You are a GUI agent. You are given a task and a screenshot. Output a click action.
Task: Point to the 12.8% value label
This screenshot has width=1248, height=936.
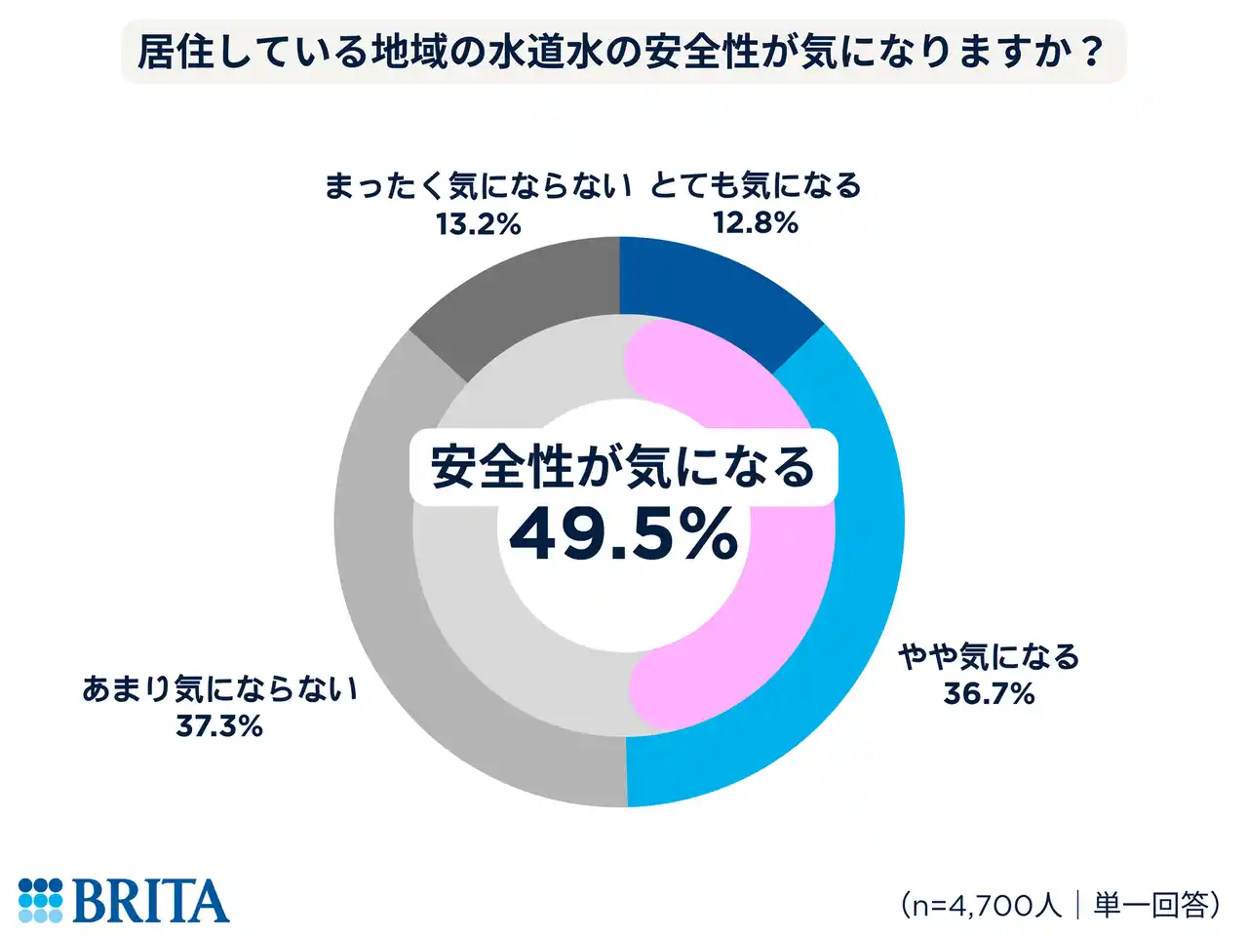(x=756, y=223)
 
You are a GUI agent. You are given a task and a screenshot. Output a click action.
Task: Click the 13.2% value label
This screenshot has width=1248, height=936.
(x=478, y=224)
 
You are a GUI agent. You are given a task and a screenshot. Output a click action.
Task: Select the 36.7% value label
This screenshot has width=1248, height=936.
(x=989, y=694)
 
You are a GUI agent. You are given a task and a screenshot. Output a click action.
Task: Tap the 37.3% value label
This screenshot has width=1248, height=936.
(x=219, y=726)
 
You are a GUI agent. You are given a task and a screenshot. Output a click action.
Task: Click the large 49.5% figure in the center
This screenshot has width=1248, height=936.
(x=623, y=534)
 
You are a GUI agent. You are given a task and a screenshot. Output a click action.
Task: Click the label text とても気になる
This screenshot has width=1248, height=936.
(x=756, y=185)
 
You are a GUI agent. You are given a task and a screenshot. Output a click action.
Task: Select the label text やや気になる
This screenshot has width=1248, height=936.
(x=989, y=657)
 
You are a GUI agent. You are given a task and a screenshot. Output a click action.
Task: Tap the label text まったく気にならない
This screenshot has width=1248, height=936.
(x=478, y=185)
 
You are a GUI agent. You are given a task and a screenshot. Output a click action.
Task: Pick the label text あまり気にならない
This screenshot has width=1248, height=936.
(x=219, y=689)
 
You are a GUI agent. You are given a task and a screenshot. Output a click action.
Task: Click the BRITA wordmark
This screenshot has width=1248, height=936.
(x=150, y=901)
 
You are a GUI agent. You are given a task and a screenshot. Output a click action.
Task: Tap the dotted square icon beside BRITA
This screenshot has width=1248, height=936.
(x=40, y=901)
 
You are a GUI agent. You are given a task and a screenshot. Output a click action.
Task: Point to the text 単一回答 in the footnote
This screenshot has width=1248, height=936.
(x=1150, y=905)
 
